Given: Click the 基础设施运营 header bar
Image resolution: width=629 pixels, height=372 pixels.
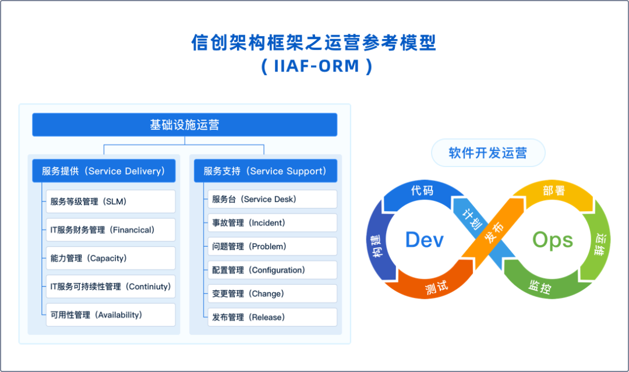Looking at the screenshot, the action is (185, 125).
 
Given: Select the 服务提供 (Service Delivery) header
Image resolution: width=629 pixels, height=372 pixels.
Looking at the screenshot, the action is (104, 171).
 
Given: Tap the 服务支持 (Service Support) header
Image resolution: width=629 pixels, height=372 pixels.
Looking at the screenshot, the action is (266, 171).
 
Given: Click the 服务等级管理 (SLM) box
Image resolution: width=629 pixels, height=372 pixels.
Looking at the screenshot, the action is (111, 201).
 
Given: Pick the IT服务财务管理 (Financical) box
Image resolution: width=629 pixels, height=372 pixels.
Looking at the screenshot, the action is (111, 230).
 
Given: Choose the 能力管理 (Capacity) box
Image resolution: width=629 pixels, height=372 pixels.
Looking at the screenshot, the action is (111, 258).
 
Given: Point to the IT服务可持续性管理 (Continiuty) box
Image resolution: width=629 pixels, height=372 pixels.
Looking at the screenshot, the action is (111, 286).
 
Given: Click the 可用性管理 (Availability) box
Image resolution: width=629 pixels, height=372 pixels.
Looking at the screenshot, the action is (111, 315).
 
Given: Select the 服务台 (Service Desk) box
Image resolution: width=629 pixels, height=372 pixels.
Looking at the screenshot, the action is (273, 199).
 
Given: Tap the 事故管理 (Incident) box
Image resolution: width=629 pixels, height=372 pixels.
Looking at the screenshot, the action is (273, 223).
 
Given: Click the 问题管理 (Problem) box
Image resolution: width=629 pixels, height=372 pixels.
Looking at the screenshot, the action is (273, 246).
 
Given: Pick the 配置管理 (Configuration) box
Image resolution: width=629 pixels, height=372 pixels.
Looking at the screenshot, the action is (273, 270).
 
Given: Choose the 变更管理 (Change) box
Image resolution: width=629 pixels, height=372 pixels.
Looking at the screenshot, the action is (273, 294).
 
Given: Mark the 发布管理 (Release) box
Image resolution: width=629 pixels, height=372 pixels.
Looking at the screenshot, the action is (273, 317).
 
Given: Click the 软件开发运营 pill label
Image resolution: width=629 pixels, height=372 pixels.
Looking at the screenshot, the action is (488, 153).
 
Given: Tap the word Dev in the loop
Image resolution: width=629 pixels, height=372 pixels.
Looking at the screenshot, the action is (425, 240).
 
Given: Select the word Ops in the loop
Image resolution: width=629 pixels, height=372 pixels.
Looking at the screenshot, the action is (552, 240).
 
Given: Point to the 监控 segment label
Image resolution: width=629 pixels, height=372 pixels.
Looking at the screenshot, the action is (540, 287).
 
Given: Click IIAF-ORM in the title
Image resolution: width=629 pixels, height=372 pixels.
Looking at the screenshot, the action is (316, 66).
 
